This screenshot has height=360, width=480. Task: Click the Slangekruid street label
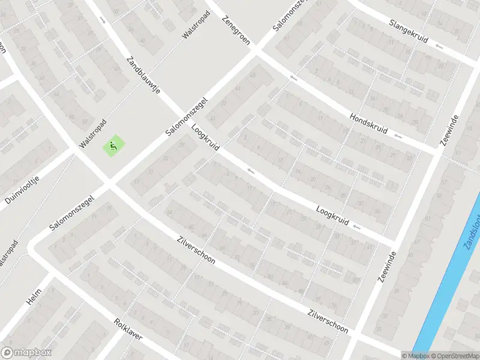point(408,31)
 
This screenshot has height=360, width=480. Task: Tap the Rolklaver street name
point(128,329)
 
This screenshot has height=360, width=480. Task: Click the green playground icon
point(112,145)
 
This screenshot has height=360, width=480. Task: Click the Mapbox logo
point(26,353)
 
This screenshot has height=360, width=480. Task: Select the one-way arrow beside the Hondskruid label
point(399,137)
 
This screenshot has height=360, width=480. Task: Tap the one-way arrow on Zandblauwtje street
point(103,20)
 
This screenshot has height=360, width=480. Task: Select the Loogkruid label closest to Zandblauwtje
point(205,138)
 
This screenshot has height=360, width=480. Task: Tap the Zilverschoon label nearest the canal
point(328,321)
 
